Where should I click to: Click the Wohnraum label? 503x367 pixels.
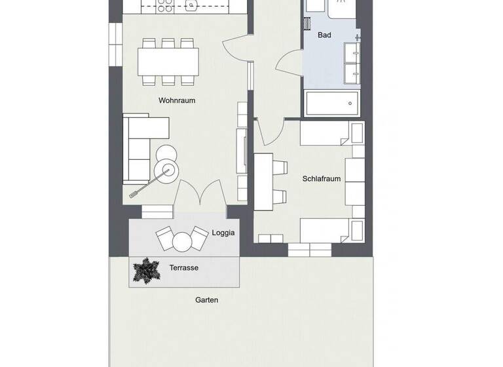click(x=177, y=101)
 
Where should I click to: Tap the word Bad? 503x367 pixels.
click(x=324, y=35)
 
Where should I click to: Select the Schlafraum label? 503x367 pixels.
click(x=321, y=178)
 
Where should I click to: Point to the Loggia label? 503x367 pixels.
click(x=223, y=233)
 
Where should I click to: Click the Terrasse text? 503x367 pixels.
click(x=183, y=268)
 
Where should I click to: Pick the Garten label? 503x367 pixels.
click(x=206, y=300)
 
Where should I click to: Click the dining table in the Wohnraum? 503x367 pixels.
click(x=168, y=62)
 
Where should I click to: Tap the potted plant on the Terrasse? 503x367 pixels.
click(x=146, y=270)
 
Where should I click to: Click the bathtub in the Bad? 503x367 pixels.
click(x=333, y=103)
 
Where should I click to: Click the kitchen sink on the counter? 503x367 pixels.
click(x=192, y=6)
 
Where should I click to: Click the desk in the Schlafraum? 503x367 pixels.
click(x=263, y=181)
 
